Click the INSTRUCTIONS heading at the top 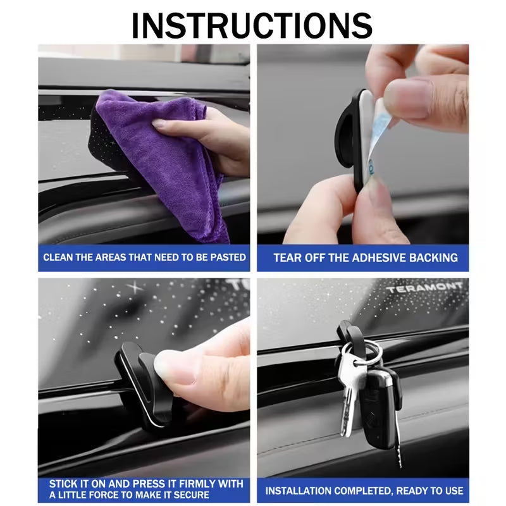coord(252,26)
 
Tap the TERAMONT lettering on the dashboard coord(424,287)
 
